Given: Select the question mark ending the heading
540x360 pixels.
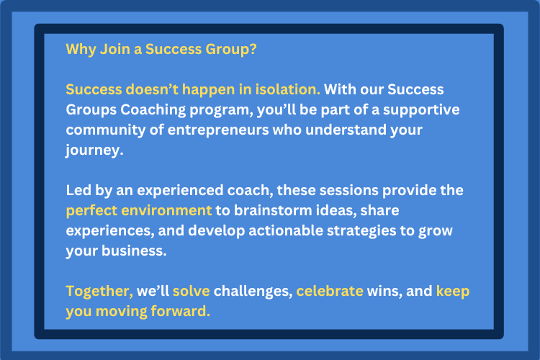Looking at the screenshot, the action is (253, 49).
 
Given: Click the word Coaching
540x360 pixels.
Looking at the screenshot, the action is (153, 110).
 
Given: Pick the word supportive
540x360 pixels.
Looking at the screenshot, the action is (421, 110).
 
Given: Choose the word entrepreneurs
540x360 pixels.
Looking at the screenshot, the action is (218, 130).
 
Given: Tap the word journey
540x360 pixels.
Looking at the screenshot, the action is (94, 150).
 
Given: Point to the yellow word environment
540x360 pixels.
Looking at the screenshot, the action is (166, 210).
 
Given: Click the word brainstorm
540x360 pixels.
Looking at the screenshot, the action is (273, 210).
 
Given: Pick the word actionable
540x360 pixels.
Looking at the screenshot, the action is (286, 230).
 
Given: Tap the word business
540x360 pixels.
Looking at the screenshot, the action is (134, 251).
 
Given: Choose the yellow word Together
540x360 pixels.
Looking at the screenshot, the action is (99, 292).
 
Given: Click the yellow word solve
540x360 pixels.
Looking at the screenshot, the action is (191, 291).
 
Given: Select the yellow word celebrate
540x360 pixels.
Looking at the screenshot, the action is (330, 291).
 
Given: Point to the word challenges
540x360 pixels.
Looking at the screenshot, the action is (253, 292).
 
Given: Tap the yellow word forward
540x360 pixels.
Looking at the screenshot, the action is (181, 311).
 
